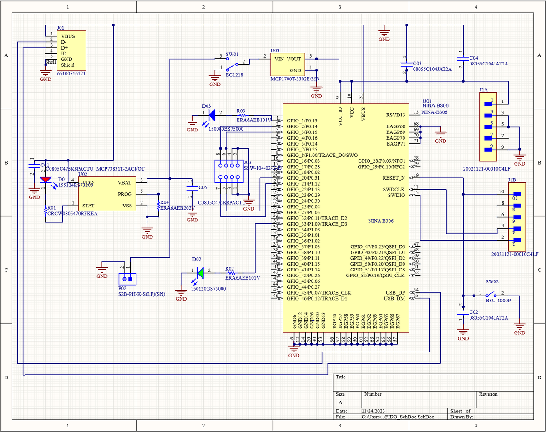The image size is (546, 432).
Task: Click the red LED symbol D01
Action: coord(45,179)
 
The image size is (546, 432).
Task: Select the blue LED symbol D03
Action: coord(210,115)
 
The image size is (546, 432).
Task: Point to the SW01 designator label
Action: coord(232,54)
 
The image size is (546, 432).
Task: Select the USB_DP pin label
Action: coord(395,292)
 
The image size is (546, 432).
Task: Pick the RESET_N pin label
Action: coord(394,178)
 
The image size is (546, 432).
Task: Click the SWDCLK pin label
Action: coord(394,189)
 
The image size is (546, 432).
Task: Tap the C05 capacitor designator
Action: coord(202,187)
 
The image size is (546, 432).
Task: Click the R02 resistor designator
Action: coord(229,269)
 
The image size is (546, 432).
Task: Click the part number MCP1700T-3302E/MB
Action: coord(294,79)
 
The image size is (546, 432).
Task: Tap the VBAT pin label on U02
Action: coord(125,182)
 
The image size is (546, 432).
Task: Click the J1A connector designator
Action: coord(484,90)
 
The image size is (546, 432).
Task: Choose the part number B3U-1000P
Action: coord(498,301)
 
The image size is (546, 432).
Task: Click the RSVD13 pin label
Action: coord(395,115)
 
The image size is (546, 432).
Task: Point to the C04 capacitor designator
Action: coord(474,58)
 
